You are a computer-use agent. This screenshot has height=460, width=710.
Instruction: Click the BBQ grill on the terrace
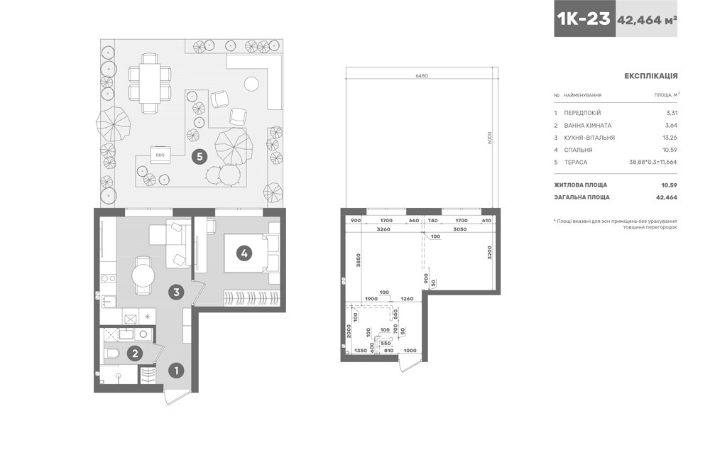pyautogui.click(x=160, y=155)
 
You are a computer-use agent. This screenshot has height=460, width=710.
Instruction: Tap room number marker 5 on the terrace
pyautogui.click(x=200, y=157)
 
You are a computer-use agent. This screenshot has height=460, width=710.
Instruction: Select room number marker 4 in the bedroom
pyautogui.click(x=244, y=253)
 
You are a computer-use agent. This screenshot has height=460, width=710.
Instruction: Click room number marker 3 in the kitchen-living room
pyautogui.click(x=176, y=292)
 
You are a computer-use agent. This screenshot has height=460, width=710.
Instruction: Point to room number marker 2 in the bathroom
pyautogui.click(x=134, y=353)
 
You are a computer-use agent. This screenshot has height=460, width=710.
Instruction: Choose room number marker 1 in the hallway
pyautogui.click(x=176, y=371)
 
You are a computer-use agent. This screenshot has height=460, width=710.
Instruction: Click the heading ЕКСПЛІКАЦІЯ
pyautogui.click(x=650, y=76)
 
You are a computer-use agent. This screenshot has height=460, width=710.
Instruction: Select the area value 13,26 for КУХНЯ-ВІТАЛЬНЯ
pyautogui.click(x=670, y=138)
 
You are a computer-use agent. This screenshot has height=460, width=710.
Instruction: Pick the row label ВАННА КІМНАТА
pyautogui.click(x=588, y=126)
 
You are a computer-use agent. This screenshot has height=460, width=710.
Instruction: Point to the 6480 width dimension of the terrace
pyautogui.click(x=422, y=76)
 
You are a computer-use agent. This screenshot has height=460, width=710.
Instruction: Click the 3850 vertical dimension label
pyautogui.click(x=358, y=262)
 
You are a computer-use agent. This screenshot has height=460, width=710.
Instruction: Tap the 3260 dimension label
pyautogui.click(x=383, y=229)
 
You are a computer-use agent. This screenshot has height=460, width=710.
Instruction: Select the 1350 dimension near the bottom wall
pyautogui.click(x=361, y=351)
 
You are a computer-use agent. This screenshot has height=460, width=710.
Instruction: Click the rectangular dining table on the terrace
pyautogui.click(x=149, y=83)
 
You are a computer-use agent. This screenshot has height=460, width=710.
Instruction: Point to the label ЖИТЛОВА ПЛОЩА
pyautogui.click(x=581, y=185)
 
